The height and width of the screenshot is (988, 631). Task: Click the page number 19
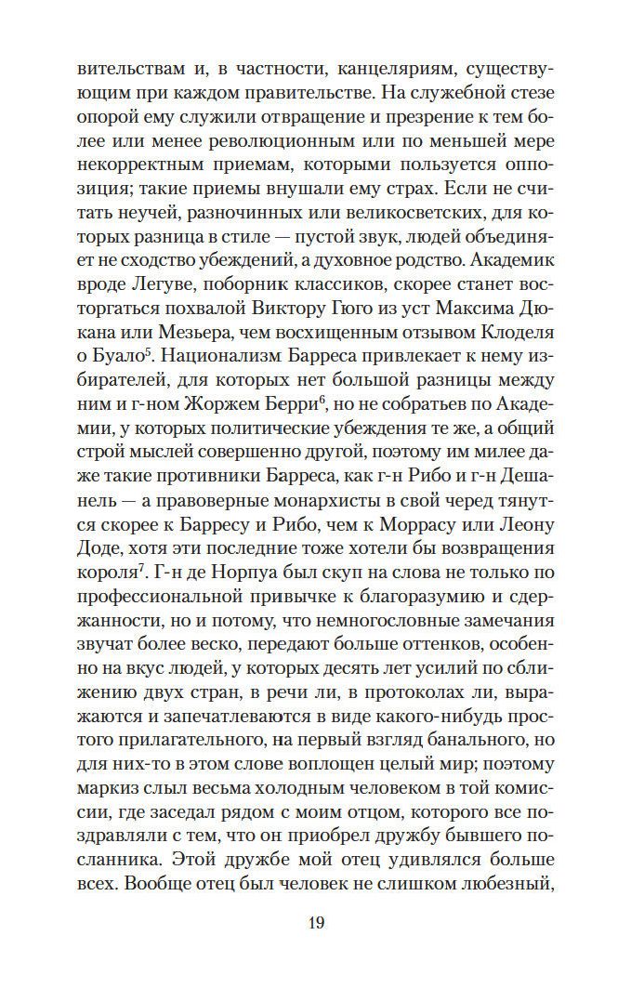pyautogui.click(x=315, y=923)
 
